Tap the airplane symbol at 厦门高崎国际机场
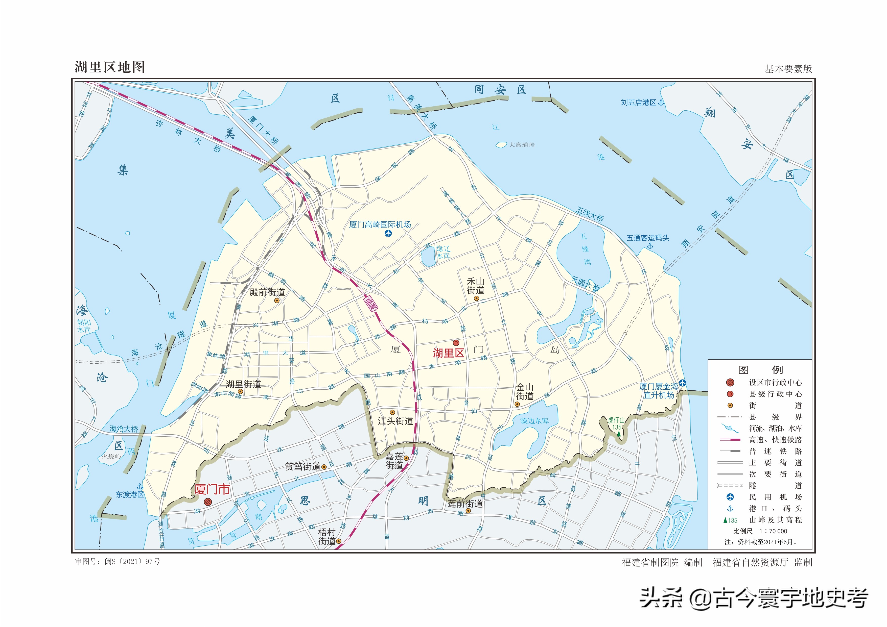(x=388, y=233)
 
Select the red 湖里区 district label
(x=448, y=353)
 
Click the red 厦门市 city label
(x=212, y=490)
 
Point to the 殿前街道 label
(x=267, y=292)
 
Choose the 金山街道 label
(x=525, y=391)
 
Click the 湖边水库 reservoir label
(x=534, y=421)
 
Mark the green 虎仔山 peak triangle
(x=619, y=434)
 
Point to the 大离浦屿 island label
(x=522, y=145)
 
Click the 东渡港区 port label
(x=130, y=495)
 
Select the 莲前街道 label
(x=465, y=504)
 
